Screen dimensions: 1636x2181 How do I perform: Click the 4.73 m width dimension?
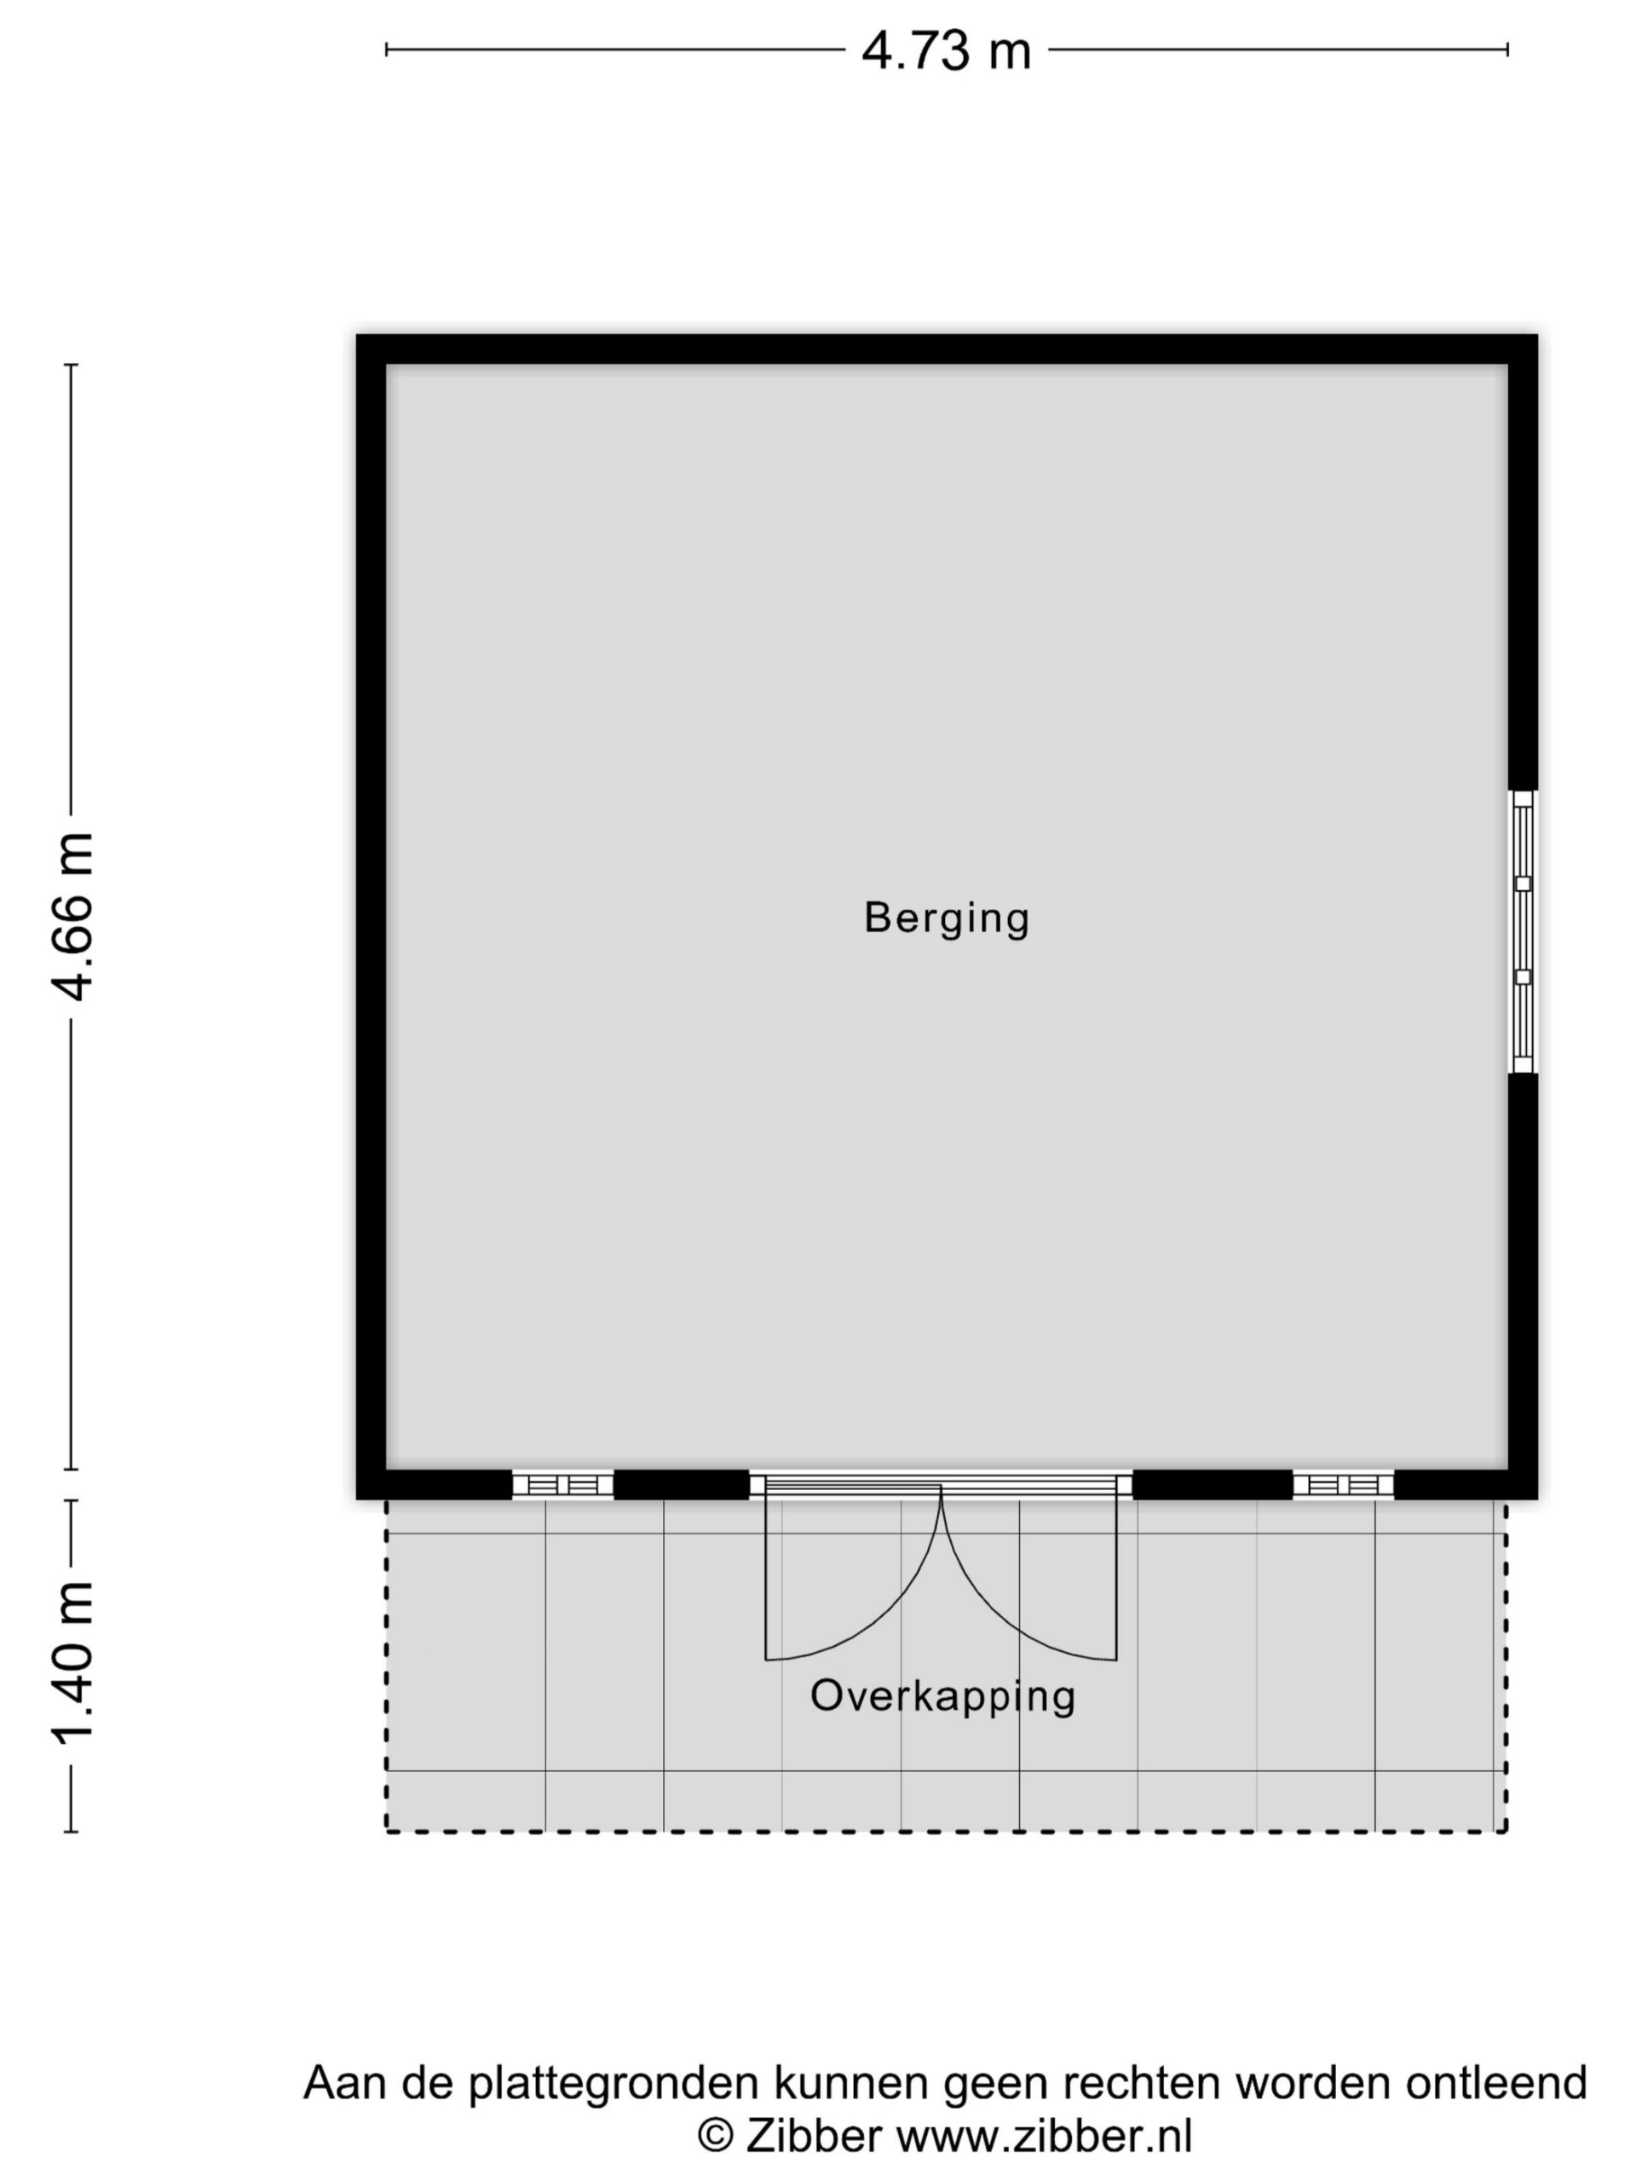click(946, 50)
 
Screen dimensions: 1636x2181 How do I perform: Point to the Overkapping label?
click(942, 1696)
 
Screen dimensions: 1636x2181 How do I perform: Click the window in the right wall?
click(1523, 931)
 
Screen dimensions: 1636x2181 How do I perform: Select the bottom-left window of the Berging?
click(563, 1485)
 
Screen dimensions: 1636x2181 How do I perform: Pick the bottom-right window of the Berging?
click(1343, 1485)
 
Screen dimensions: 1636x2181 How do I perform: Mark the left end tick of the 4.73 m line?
click(387, 49)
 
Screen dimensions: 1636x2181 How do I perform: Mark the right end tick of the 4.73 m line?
click(1506, 49)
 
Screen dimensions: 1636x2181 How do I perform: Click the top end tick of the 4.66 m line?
click(71, 365)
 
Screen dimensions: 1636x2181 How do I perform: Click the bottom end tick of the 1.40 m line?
click(71, 1832)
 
